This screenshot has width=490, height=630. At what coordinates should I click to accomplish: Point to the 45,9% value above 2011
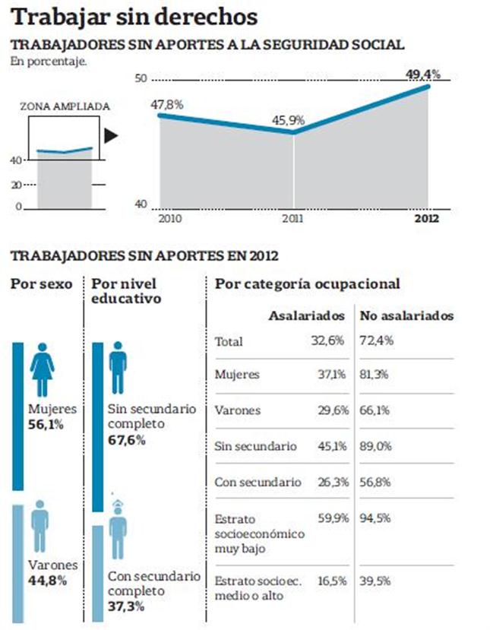click(x=289, y=119)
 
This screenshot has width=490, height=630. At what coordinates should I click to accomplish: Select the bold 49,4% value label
click(x=423, y=74)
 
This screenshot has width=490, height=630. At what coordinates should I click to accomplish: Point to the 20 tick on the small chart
click(x=16, y=185)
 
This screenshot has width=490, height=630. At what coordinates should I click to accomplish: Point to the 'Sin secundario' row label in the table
click(x=255, y=447)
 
